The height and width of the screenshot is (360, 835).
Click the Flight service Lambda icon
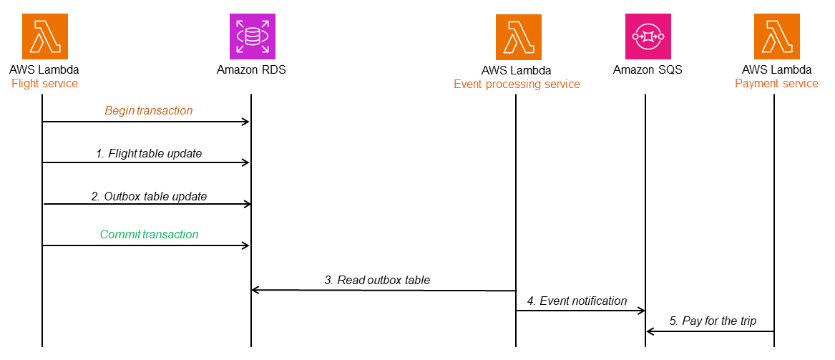[44, 37]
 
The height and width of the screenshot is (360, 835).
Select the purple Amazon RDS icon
[252, 37]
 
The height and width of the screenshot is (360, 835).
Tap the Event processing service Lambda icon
[518, 37]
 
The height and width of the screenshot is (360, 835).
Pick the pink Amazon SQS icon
[648, 37]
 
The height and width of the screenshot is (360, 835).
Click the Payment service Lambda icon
[776, 37]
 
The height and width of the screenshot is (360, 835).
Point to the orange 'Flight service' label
[44, 84]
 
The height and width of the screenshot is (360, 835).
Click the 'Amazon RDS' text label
[252, 70]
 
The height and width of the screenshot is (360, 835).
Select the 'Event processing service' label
[517, 84]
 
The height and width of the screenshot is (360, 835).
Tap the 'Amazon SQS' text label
[648, 70]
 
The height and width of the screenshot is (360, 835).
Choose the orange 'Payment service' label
[776, 84]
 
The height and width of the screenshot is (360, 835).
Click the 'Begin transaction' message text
[149, 111]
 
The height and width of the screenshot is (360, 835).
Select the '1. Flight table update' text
[149, 153]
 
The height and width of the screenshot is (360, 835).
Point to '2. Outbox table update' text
[149, 195]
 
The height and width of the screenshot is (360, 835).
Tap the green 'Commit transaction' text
[149, 234]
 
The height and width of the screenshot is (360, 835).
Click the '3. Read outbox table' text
[377, 280]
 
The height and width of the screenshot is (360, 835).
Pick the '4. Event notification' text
[577, 301]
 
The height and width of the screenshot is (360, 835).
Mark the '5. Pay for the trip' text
[713, 321]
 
